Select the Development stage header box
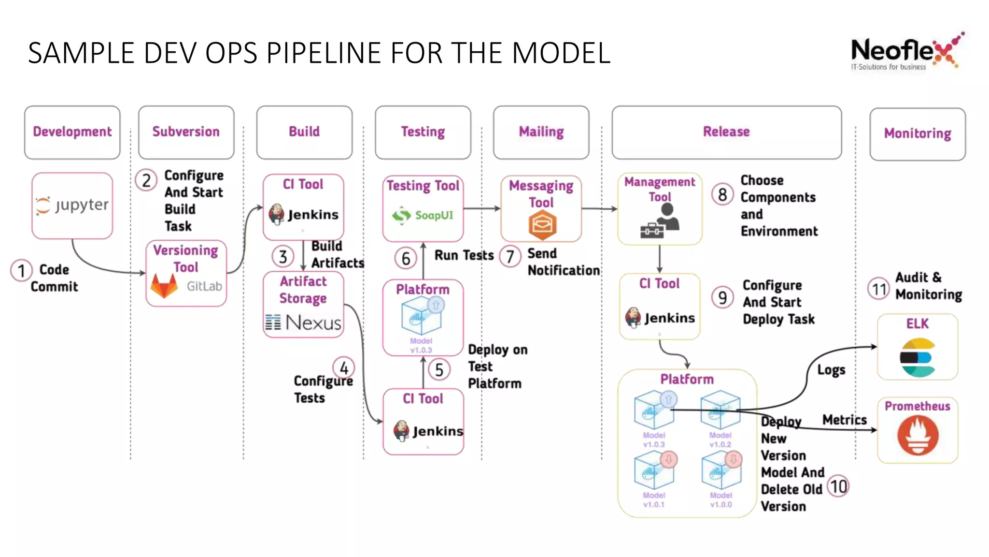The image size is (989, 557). (x=72, y=132)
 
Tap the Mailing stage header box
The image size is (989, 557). (x=541, y=132)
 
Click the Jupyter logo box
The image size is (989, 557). (x=72, y=205)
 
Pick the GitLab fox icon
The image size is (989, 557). (x=164, y=285)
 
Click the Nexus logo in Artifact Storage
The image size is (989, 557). (x=303, y=322)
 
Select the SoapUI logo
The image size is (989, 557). (x=423, y=215)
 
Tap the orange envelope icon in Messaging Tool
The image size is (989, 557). (x=542, y=225)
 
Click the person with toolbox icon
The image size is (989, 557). (x=660, y=221)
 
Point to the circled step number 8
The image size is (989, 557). (x=722, y=195)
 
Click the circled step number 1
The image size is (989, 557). (x=21, y=271)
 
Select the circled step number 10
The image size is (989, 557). (x=839, y=486)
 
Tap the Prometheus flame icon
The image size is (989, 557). (x=918, y=435)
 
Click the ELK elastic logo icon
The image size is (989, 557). (x=918, y=358)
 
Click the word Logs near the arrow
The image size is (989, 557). (x=831, y=370)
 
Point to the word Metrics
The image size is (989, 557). (x=844, y=420)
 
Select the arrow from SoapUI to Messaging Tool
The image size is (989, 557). (x=481, y=209)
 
